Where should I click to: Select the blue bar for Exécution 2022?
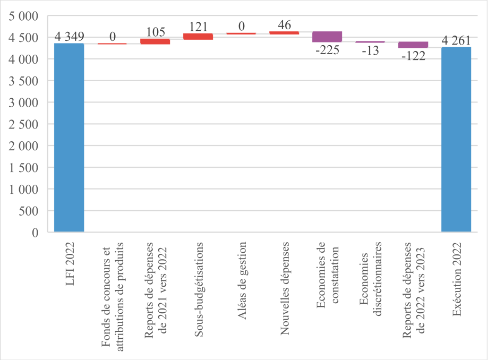pyautogui.click(x=456, y=139)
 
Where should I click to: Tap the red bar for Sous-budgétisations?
pyautogui.click(x=198, y=36)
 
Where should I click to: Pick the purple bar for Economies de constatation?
pyautogui.click(x=327, y=37)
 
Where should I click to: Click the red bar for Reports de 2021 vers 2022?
pyautogui.click(x=155, y=41)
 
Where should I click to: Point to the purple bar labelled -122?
pyautogui.click(x=413, y=45)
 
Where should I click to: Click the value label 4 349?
pyautogui.click(x=69, y=37)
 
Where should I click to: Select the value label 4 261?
pyautogui.click(x=456, y=40)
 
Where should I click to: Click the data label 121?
pyautogui.click(x=198, y=27)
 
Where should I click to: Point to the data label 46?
pyautogui.click(x=284, y=24)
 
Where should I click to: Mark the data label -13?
pyautogui.click(x=370, y=50)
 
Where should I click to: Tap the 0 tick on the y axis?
pyautogui.click(x=35, y=233)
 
